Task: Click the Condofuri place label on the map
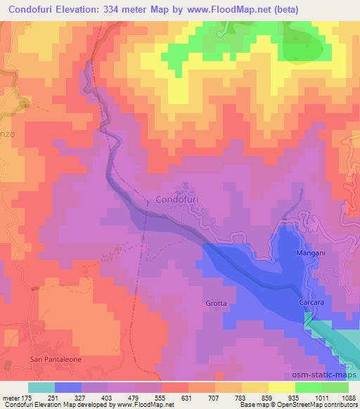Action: pos(177,199)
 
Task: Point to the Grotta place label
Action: pos(216,303)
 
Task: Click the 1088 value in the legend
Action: pos(348,397)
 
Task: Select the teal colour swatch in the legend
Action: pos(41,387)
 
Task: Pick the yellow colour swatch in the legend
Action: pos(282,387)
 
